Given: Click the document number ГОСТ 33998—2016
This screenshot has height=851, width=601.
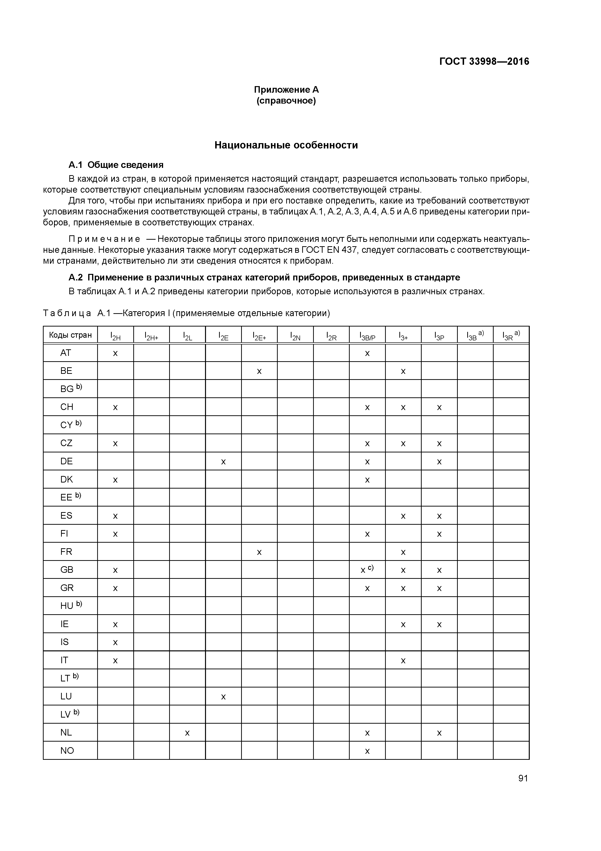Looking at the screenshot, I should click(x=484, y=62).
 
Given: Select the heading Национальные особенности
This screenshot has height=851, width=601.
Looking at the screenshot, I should click(x=286, y=145).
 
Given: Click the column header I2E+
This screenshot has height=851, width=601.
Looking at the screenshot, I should click(x=259, y=336).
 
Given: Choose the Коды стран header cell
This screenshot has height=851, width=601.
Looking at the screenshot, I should click(x=70, y=335).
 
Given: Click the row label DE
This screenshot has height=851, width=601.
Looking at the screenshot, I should click(x=66, y=461).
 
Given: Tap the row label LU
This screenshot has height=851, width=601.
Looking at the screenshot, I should click(x=66, y=696).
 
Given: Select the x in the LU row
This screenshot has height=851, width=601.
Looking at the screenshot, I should click(x=223, y=697).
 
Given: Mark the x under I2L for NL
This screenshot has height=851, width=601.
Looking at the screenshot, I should click(x=187, y=733).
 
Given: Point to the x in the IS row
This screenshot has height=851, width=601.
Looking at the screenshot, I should click(x=115, y=642).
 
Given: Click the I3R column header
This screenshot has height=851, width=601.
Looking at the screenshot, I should click(x=511, y=335).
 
